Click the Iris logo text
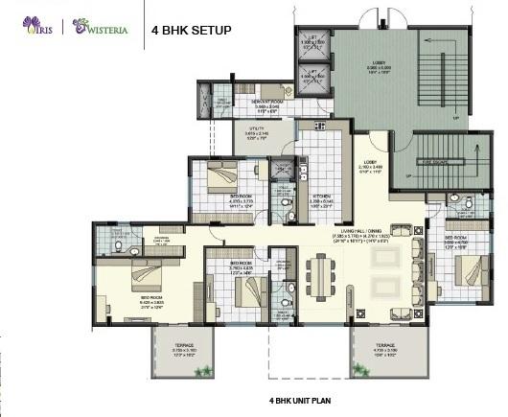(37, 29)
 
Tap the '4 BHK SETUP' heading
(192, 30)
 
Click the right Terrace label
(385, 347)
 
